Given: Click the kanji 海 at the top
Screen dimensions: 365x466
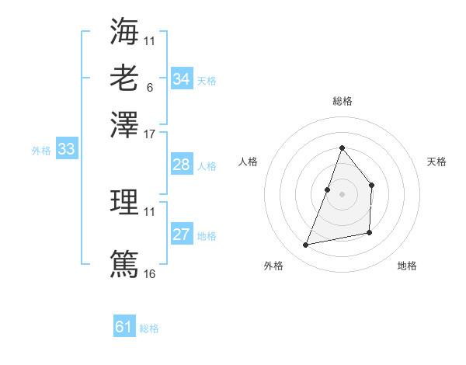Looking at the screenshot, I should coord(124,32).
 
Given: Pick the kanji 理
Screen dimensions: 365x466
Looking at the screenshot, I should coord(124,203).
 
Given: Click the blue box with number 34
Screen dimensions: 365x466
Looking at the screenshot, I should coord(182,79).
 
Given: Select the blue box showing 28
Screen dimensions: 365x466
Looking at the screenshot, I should coord(182,165).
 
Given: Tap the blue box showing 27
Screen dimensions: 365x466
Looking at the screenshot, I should coord(182,235).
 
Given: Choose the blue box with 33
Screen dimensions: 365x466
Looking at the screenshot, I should coord(66,150).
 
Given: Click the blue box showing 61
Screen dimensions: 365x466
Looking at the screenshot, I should coord(124,327).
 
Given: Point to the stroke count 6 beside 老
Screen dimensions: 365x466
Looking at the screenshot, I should coord(149,87).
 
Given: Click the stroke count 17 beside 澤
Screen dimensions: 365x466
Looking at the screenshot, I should coord(150,134).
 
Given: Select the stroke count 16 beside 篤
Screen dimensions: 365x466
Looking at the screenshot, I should coord(150,273).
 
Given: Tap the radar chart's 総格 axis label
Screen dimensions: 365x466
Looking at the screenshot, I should coord(342,101).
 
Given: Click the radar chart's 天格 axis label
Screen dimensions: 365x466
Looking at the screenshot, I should coord(436,162).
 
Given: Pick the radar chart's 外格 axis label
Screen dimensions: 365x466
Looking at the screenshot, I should coord(273,266).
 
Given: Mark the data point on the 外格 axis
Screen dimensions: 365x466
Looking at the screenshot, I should coord(306,245).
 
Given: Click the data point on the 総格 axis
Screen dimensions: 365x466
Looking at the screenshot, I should coord(342,148).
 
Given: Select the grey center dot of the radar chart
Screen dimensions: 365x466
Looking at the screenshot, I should coord(342,193).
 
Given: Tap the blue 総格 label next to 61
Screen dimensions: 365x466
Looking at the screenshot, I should coord(149,328).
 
